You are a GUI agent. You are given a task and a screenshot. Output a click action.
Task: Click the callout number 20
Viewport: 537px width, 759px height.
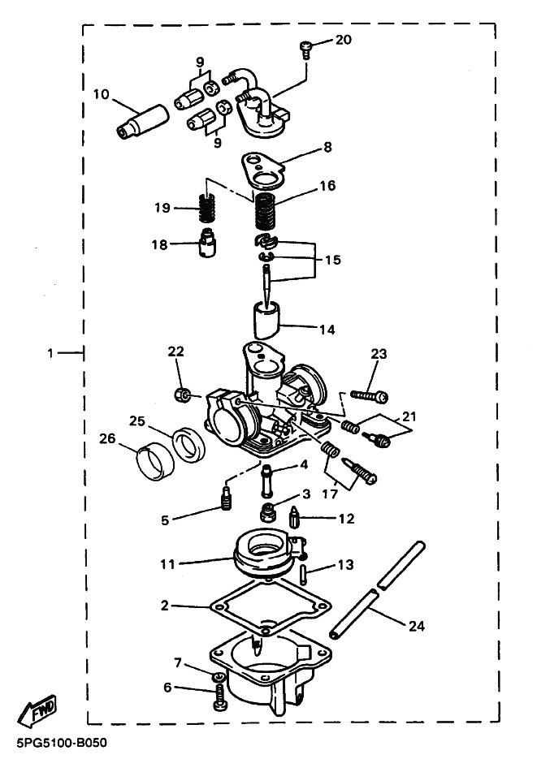pyautogui.click(x=344, y=41)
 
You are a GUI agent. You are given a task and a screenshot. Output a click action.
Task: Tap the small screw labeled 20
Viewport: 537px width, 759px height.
pyautogui.click(x=305, y=49)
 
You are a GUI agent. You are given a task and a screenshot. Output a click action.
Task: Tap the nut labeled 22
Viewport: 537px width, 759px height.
pyautogui.click(x=182, y=395)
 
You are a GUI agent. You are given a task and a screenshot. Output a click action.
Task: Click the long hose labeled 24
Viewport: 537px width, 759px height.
pyautogui.click(x=376, y=591)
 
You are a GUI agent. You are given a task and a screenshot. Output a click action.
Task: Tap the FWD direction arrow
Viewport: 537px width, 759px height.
pyautogui.click(x=38, y=712)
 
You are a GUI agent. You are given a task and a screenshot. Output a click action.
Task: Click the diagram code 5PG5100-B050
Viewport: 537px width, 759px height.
pyautogui.click(x=60, y=743)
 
